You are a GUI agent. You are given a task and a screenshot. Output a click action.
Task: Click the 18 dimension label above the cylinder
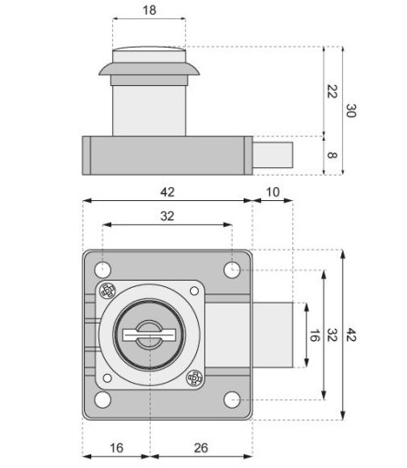(150, 10)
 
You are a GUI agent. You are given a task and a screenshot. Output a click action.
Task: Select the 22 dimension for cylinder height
(332, 91)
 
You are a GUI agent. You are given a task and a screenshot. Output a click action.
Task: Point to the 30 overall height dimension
(351, 111)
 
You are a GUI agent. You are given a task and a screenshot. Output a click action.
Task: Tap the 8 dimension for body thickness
(332, 155)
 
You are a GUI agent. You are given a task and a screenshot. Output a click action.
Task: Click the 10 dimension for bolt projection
(273, 192)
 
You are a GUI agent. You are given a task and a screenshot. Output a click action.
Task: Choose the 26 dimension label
(201, 448)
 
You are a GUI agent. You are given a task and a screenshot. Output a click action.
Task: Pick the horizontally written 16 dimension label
(117, 448)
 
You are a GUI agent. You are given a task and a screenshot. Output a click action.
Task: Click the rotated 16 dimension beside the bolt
(314, 335)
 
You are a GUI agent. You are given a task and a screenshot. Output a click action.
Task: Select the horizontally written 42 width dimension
(167, 192)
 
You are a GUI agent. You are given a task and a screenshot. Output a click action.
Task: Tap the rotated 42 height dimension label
(351, 335)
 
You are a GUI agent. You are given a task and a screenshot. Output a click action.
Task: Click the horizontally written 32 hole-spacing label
(167, 216)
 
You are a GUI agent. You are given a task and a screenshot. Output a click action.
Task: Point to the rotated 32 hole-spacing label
(332, 335)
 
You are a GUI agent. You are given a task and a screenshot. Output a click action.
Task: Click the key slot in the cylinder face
(150, 335)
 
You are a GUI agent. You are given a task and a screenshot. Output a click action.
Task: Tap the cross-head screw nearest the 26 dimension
(194, 378)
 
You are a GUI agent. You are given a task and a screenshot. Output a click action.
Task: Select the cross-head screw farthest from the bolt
(108, 291)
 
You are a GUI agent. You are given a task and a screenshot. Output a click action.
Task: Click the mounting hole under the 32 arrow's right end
(232, 270)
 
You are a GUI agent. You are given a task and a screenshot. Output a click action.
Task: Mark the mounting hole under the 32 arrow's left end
(102, 270)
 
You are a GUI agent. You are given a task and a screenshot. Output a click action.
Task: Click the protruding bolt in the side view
(273, 154)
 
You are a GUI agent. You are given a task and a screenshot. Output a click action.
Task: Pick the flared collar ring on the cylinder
(150, 69)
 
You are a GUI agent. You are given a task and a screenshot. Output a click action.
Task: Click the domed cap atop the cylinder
(150, 48)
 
